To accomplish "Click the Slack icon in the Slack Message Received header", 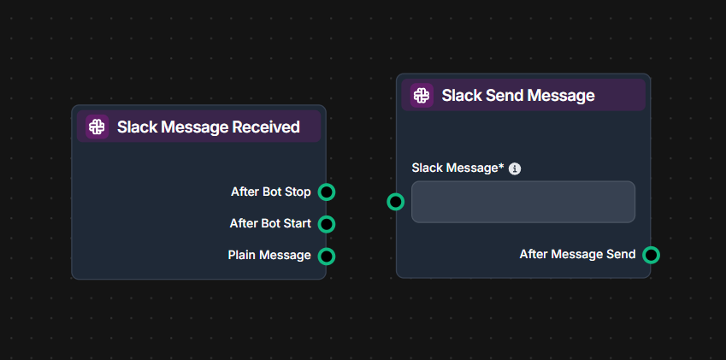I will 97,127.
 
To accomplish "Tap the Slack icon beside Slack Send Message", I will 422,95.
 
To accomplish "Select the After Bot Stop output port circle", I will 326,192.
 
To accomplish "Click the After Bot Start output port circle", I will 326,224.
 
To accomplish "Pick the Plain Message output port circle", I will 326,256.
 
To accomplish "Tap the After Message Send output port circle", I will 651,255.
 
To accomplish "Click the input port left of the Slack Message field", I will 395,202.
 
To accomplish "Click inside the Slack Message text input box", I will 522,202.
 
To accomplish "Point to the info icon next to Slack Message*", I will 515,168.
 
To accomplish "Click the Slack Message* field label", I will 457,168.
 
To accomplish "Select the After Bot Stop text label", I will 270,192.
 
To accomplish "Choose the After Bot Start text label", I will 270,224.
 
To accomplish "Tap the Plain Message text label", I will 269,256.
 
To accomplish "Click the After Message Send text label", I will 577,255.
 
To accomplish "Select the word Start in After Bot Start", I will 296,224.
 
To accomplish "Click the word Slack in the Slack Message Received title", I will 135,127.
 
